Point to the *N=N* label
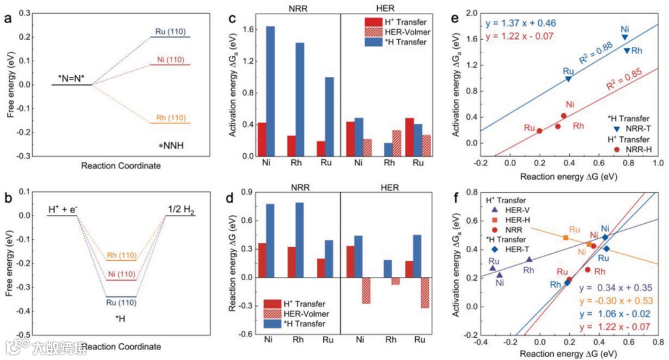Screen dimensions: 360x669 [71, 79]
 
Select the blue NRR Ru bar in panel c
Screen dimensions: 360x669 [330, 116]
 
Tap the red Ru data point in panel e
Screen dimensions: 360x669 [540, 131]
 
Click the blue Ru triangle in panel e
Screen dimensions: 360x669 [568, 79]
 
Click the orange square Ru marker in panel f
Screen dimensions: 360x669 [566, 237]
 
